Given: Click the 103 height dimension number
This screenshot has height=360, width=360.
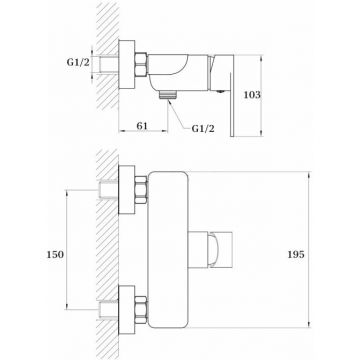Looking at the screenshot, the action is point(252,95).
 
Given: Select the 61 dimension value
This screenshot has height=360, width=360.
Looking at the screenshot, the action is point(142,126).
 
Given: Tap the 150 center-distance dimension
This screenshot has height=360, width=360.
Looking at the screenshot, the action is point(55,255).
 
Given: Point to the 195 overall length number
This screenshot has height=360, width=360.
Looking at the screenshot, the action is point(296,255).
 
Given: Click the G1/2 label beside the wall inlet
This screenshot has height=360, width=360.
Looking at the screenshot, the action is point(78,62).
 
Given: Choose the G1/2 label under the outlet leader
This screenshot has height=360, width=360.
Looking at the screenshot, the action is point(203,129).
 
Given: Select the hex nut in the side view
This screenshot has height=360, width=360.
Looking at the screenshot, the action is point(141,64).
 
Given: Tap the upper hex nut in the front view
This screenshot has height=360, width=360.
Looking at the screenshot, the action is point(141,190).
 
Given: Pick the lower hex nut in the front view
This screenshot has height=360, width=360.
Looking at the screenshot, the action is point(141,310).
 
